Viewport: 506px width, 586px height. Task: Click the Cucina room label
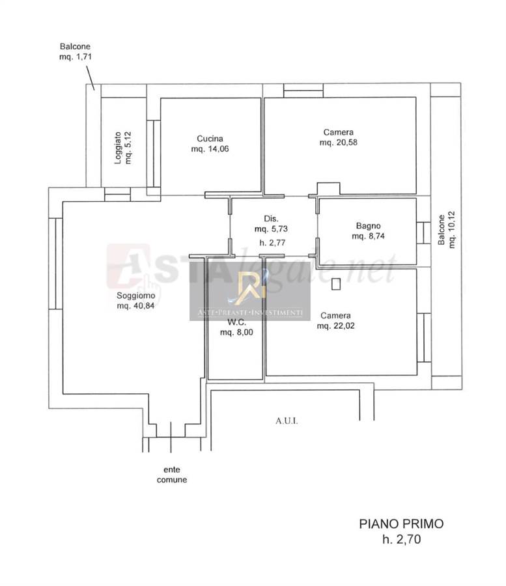pos(210,139)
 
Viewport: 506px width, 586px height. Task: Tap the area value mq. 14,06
pos(210,148)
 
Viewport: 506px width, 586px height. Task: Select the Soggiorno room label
pos(135,296)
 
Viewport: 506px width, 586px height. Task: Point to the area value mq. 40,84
pos(135,306)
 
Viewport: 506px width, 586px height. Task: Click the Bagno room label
pos(369,226)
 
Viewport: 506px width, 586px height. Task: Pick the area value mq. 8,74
pos(369,236)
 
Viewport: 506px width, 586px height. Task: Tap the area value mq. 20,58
pos(339,143)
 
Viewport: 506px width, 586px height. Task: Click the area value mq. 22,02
pos(336,326)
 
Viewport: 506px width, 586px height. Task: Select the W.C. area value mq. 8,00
pos(236,332)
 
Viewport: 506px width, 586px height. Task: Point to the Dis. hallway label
pos(271,219)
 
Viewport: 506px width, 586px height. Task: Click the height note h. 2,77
pos(272,243)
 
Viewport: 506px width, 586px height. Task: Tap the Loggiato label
pos(118,148)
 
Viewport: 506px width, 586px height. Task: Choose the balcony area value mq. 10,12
pos(452,230)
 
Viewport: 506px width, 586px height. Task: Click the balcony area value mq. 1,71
pos(76,57)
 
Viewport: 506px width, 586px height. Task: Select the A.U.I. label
pos(287,421)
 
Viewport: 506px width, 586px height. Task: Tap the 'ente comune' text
pos(172,475)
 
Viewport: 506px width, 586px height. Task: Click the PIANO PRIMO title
pos(401,524)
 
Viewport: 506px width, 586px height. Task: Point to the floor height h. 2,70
pos(401,539)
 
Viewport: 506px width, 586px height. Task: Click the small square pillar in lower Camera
pos(336,284)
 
